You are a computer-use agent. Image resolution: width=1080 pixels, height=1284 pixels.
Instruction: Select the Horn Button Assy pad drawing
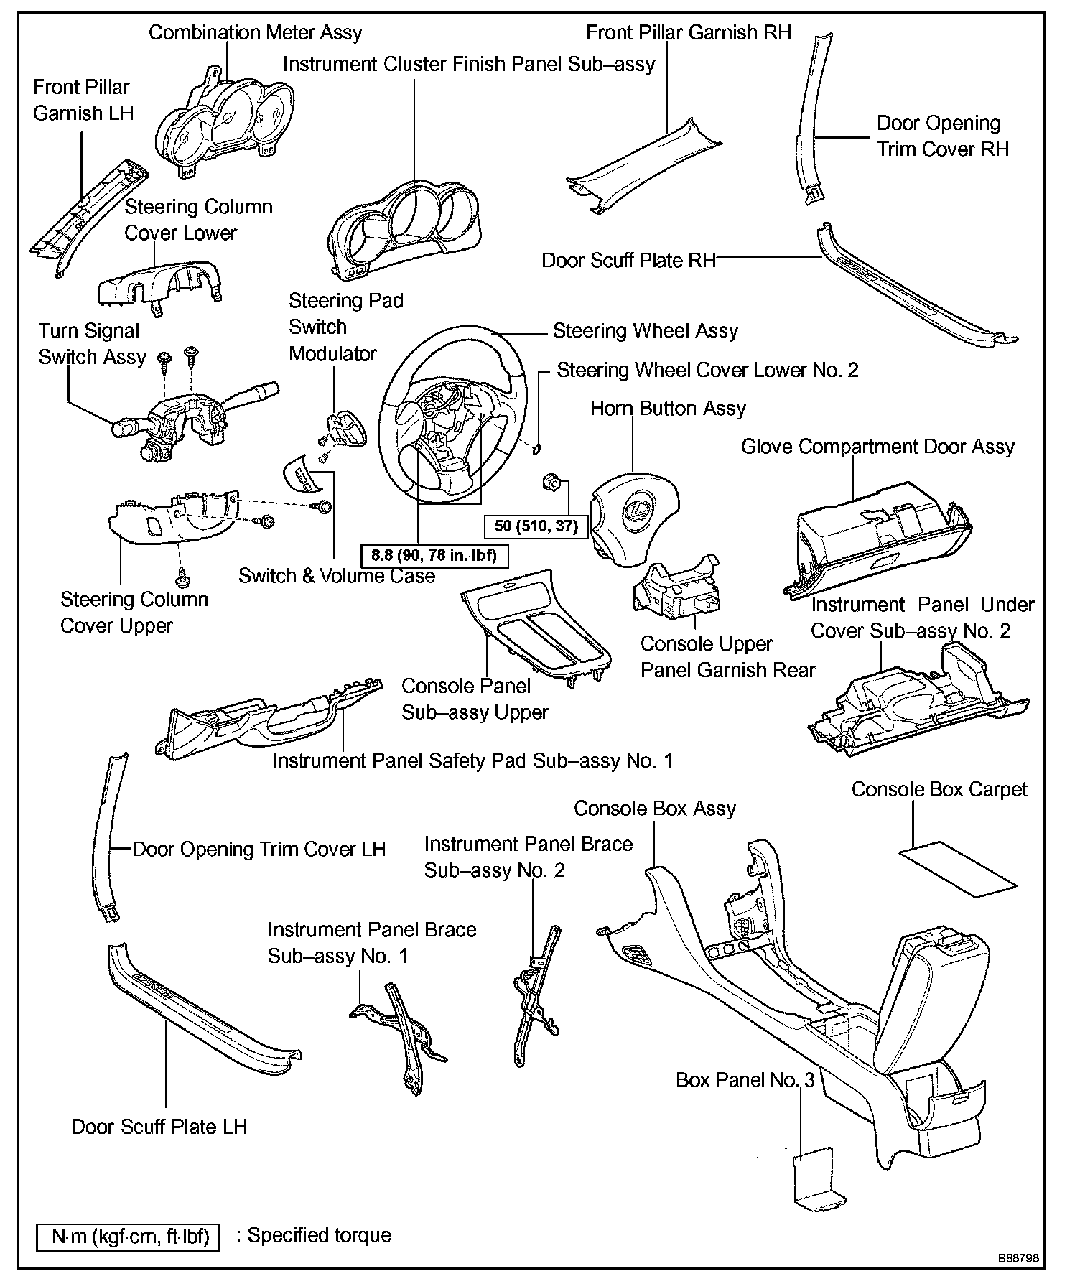633,521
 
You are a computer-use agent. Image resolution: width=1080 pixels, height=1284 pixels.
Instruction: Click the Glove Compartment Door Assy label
877,447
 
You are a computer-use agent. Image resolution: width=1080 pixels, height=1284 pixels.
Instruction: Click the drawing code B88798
1017,1258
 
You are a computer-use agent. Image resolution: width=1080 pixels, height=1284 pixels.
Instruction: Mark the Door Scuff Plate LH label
159,1126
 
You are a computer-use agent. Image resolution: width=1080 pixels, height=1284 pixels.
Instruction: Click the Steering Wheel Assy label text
645,331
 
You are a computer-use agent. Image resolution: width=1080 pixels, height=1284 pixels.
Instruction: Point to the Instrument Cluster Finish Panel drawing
402,226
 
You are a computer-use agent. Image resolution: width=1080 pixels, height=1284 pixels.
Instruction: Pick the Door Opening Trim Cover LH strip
108,837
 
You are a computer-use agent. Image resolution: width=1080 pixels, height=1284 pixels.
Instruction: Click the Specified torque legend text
319,1235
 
